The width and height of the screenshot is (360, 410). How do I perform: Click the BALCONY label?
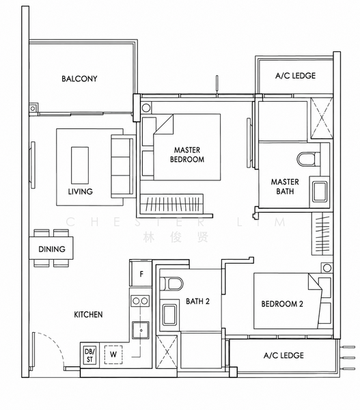click(x=79, y=79)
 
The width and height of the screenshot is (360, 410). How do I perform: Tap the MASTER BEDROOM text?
click(x=187, y=154)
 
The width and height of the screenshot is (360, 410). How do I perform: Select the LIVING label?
click(x=80, y=191)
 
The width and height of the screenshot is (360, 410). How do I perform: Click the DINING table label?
click(x=52, y=249)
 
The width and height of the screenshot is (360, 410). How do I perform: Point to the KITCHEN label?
click(x=88, y=314)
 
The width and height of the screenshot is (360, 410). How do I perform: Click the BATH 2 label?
click(x=197, y=301)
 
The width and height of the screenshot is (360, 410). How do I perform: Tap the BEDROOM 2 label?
click(x=282, y=304)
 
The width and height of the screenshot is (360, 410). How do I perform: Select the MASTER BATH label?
click(x=285, y=187)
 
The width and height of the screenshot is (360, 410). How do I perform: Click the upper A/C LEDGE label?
click(x=295, y=76)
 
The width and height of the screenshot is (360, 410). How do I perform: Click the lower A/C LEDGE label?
click(x=283, y=355)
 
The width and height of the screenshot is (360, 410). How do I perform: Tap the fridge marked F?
click(x=141, y=274)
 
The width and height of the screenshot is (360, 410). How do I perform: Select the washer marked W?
click(x=113, y=355)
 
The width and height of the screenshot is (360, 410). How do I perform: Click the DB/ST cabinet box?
click(x=89, y=355)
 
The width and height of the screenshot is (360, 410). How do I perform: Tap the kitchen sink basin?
click(x=141, y=330)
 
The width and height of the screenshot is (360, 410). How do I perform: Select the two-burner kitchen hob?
click(x=141, y=301)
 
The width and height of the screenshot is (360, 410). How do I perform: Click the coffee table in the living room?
click(x=80, y=165)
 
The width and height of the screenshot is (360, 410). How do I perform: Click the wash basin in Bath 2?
click(x=169, y=314)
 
